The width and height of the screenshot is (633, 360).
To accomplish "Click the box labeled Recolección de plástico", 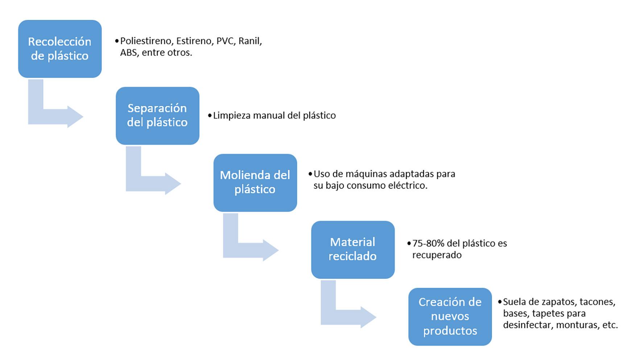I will click(x=60, y=49).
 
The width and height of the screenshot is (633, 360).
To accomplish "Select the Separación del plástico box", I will click(x=157, y=116).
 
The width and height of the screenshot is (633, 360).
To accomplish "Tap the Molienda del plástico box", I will click(x=255, y=182).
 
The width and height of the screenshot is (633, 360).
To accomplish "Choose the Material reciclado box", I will click(x=352, y=249).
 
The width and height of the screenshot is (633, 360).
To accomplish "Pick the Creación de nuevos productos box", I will click(x=450, y=316).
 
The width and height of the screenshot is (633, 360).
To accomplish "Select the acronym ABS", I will click(x=129, y=53).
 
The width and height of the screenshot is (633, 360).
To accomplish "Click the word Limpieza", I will click(x=232, y=116).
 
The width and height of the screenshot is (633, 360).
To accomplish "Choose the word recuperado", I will click(x=437, y=255).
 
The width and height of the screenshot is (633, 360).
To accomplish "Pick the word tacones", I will click(x=597, y=302).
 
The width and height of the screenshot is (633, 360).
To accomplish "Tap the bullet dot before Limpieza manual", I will click(x=210, y=116).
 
